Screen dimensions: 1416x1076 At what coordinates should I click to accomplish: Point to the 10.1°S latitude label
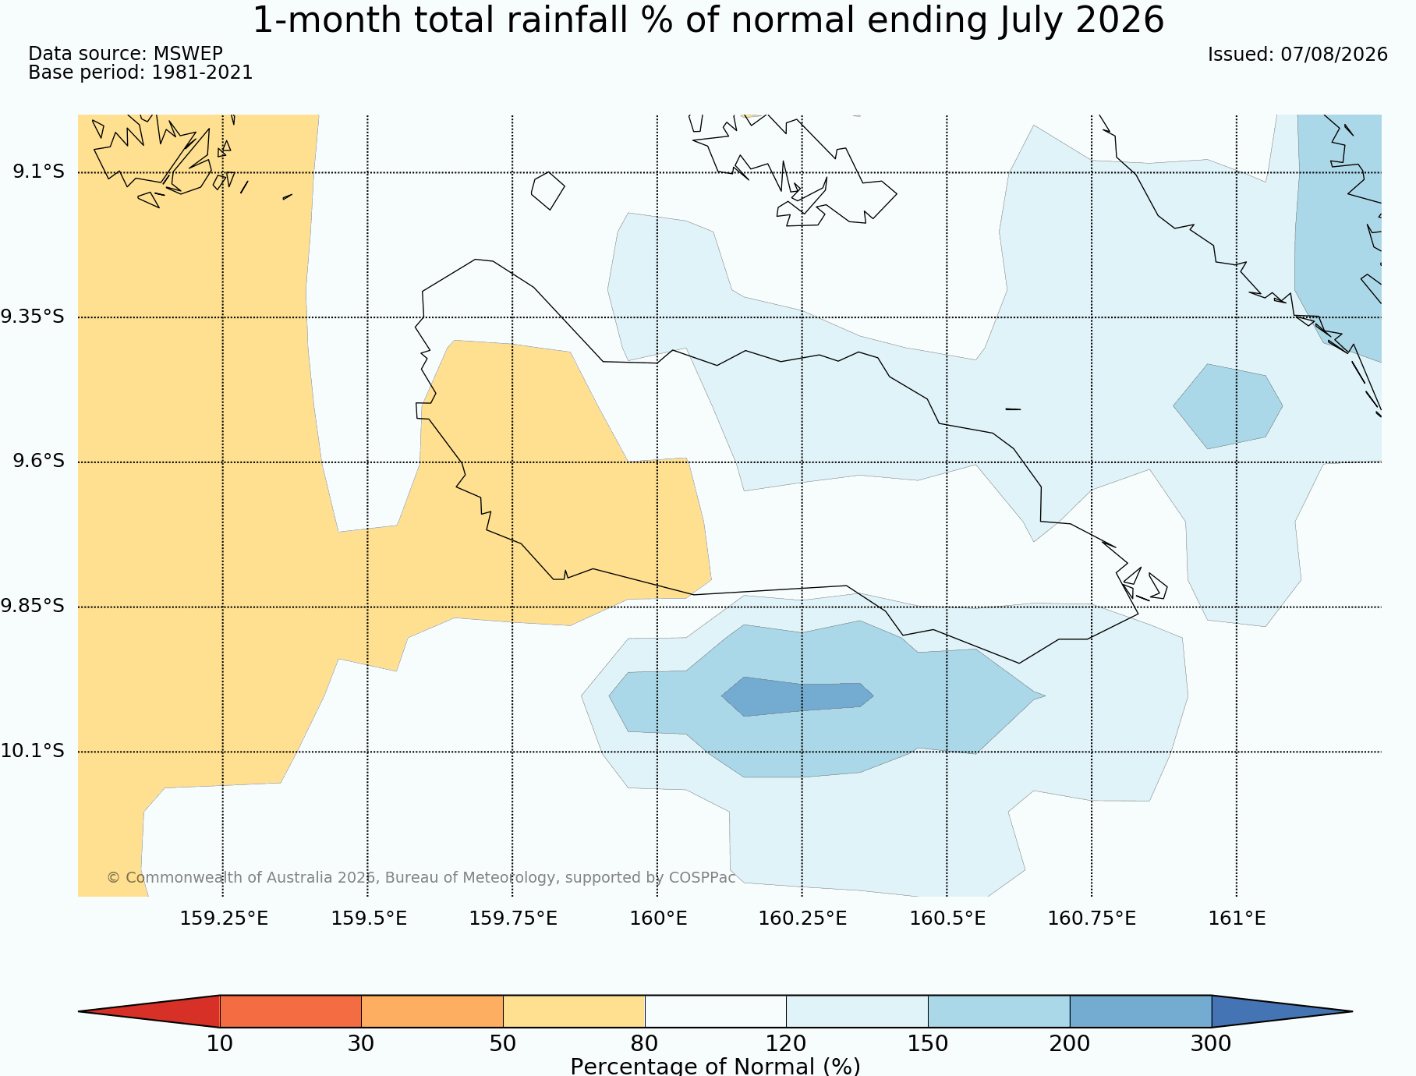point(33,751)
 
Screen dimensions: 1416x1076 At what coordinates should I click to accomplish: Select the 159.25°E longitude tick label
point(224,918)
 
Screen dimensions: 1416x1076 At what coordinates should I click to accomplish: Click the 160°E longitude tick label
point(658,918)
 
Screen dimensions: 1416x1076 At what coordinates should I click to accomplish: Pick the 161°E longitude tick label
point(1237,918)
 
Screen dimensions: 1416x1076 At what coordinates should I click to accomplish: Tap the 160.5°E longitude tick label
point(947,918)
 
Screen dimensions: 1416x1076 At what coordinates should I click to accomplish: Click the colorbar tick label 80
point(645,1043)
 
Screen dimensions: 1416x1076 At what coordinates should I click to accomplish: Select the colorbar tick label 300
point(1212,1043)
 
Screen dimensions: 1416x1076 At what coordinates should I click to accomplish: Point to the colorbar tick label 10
point(220,1043)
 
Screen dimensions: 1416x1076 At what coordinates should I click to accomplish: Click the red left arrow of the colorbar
point(149,1011)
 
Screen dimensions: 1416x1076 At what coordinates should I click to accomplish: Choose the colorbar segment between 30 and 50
point(432,1011)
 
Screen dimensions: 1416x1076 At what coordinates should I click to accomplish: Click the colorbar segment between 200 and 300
point(1141,1011)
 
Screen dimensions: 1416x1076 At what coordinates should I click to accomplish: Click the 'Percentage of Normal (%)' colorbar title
point(715,1066)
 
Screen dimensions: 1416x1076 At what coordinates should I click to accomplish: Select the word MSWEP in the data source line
point(188,54)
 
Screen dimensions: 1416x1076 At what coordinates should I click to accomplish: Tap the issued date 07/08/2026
point(1334,55)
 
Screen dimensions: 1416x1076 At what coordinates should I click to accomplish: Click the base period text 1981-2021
point(202,73)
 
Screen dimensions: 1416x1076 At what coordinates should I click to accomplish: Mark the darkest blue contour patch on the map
point(797,696)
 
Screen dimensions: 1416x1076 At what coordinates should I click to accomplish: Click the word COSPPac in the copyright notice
point(702,877)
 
